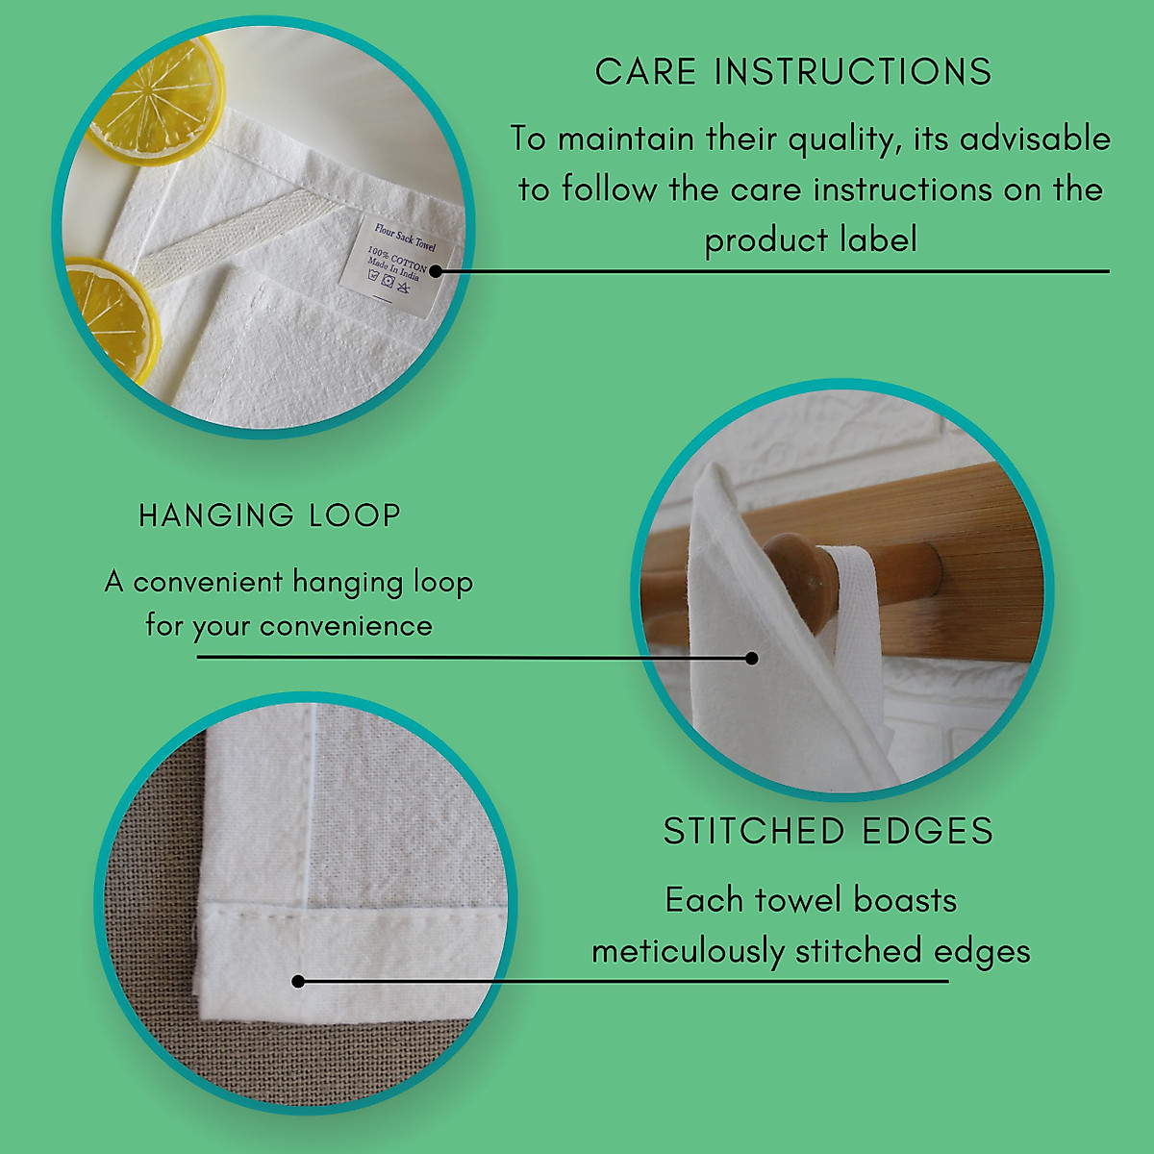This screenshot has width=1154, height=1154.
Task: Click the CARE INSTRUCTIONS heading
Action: point(792,72)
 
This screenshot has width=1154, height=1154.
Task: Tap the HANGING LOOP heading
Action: point(269,515)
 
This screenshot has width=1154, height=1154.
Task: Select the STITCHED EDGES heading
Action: point(828,831)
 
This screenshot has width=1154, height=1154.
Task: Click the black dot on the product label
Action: point(435,271)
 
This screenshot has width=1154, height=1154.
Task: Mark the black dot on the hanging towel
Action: point(752,658)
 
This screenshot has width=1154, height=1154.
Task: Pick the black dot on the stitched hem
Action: point(298,981)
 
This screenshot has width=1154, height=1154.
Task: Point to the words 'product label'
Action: point(811,239)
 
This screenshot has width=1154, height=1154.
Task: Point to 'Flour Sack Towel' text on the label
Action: point(405,237)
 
